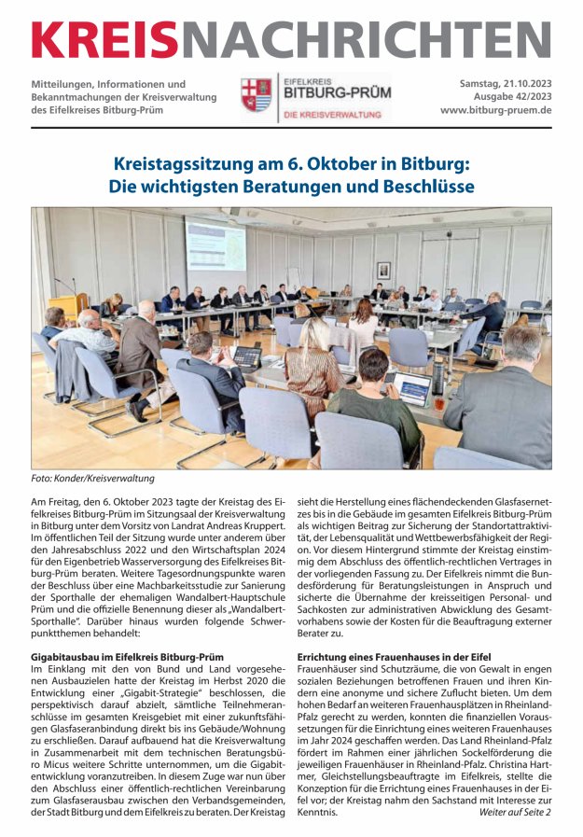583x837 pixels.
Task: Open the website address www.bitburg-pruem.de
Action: coord(496,110)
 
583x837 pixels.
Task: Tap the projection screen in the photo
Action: coord(215,244)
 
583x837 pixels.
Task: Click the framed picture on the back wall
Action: coord(382,270)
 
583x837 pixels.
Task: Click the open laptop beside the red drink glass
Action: coord(410,387)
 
